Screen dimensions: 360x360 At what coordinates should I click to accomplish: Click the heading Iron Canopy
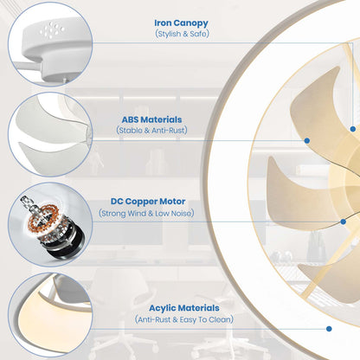181,22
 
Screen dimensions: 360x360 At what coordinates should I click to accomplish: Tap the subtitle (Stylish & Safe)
182,34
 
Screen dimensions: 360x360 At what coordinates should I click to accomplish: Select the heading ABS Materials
151,119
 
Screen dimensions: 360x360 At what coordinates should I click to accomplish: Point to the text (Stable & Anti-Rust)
151,131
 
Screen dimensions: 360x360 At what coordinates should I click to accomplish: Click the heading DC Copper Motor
148,202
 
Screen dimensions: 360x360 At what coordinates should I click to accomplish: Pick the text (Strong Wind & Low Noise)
146,214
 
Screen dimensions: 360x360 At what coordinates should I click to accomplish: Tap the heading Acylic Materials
184,308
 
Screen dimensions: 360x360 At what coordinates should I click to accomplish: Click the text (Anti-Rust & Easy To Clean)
184,319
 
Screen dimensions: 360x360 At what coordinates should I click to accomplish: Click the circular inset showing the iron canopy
50,44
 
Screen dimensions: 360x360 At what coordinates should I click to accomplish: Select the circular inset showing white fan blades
50,134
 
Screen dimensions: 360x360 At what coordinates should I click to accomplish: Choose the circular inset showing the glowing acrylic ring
50,315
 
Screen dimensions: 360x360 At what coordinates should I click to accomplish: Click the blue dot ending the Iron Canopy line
353,129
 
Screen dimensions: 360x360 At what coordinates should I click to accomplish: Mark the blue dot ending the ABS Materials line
307,140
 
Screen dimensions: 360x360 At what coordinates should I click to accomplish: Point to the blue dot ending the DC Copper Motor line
344,222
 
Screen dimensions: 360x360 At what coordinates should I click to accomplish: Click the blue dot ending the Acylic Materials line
329,329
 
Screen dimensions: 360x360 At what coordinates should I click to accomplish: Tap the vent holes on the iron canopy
52,30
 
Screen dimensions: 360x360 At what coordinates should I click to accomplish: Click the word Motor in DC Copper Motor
172,202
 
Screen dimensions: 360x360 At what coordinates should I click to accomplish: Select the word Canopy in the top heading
191,23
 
